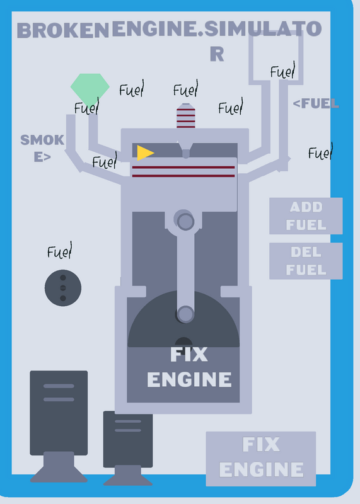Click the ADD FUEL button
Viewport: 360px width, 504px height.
coord(306,215)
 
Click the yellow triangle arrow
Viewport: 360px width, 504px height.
coord(145,152)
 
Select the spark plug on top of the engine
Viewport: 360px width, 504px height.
coord(185,116)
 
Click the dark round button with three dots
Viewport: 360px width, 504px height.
coord(63,288)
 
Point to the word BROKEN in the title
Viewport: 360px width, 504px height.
coord(63,30)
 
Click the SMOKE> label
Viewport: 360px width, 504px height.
coord(42,148)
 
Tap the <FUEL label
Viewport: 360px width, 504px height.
coord(316,103)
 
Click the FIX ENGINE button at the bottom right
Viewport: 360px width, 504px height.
coord(261,459)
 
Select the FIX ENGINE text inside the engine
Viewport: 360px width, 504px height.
coord(189,367)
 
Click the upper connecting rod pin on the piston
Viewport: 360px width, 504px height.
coord(185,222)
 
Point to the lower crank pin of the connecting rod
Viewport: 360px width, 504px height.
coord(185,314)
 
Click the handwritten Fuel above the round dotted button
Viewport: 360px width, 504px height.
coord(59,251)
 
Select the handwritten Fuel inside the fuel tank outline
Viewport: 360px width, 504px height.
coord(282,71)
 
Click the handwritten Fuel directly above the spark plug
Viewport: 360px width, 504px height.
coord(185,88)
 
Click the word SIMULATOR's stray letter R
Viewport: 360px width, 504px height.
coord(217,54)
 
